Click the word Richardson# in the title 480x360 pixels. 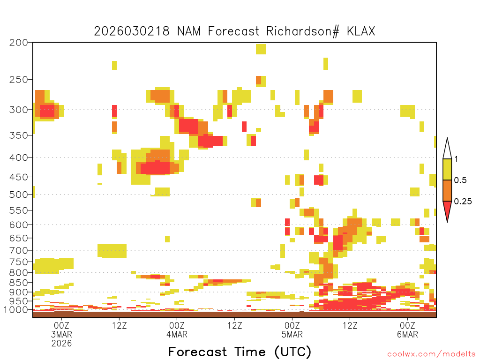tap(303, 31)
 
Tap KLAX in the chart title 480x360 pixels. tap(361, 31)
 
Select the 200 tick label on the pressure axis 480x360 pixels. tap(19, 43)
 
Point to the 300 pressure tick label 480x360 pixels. tap(19, 110)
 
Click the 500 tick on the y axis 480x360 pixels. tap(19, 195)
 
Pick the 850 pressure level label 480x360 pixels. tap(19, 283)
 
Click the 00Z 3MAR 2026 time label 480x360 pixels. tap(61, 334)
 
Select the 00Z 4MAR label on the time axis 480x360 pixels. tap(177, 330)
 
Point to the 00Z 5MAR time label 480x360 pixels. tap(292, 330)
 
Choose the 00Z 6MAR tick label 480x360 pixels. tap(407, 330)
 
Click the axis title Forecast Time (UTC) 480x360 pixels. tap(240, 352)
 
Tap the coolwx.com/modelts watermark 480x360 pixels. tap(432, 354)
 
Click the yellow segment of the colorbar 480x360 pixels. tap(447, 170)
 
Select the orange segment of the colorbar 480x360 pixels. tap(447, 190)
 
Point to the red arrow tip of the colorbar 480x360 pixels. tap(447, 222)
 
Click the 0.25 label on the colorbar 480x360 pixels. tap(463, 202)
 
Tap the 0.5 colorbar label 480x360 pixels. tap(460, 180)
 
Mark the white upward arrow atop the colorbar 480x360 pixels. tap(447, 149)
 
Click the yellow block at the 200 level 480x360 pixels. tap(261, 49)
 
